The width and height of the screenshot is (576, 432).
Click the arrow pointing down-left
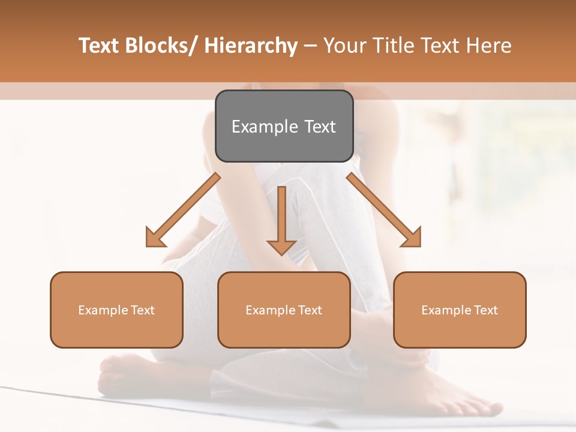[184, 210]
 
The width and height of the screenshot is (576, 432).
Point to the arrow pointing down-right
[384, 210]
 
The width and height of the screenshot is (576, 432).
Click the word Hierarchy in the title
[251, 46]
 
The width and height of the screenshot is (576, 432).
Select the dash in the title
[310, 46]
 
